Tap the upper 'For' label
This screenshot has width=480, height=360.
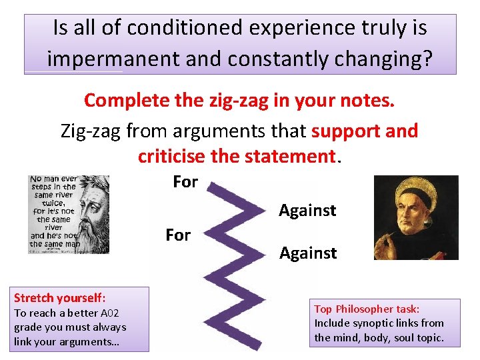pyautogui.click(x=185, y=181)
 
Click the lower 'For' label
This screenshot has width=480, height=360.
pyautogui.click(x=178, y=235)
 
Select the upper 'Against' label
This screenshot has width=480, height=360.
pyautogui.click(x=307, y=211)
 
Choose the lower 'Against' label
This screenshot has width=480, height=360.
pyautogui.click(x=308, y=253)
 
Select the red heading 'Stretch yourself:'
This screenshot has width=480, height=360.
pyautogui.click(x=60, y=297)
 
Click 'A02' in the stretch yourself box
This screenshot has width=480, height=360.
pyautogui.click(x=106, y=313)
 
